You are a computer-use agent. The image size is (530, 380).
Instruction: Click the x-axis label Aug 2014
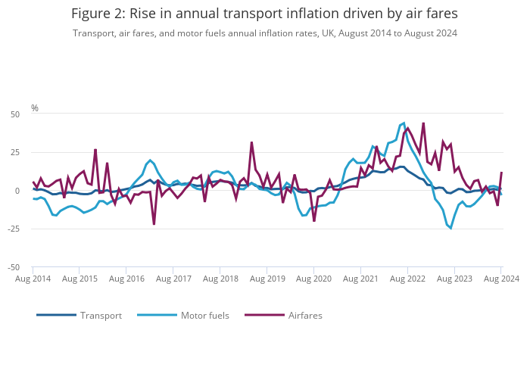click(x=33, y=279)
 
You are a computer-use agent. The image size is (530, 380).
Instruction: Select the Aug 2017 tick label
click(x=173, y=279)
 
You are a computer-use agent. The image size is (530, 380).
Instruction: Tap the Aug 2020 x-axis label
click(x=313, y=279)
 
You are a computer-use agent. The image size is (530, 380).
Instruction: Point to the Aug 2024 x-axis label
click(x=500, y=279)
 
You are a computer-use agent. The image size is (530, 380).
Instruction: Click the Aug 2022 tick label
click(x=407, y=279)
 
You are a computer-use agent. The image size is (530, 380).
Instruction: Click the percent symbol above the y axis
click(x=35, y=108)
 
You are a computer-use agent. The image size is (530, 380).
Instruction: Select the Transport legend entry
click(x=101, y=315)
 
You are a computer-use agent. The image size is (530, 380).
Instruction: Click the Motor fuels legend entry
click(x=204, y=315)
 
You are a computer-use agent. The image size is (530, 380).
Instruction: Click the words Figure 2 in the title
click(x=98, y=14)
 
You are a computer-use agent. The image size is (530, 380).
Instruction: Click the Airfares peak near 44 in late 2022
click(x=423, y=123)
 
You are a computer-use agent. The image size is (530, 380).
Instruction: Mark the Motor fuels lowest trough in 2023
click(x=451, y=228)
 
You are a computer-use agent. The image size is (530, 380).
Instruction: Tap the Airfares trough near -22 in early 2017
click(x=154, y=224)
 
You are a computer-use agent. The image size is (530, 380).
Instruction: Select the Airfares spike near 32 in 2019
click(x=251, y=142)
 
